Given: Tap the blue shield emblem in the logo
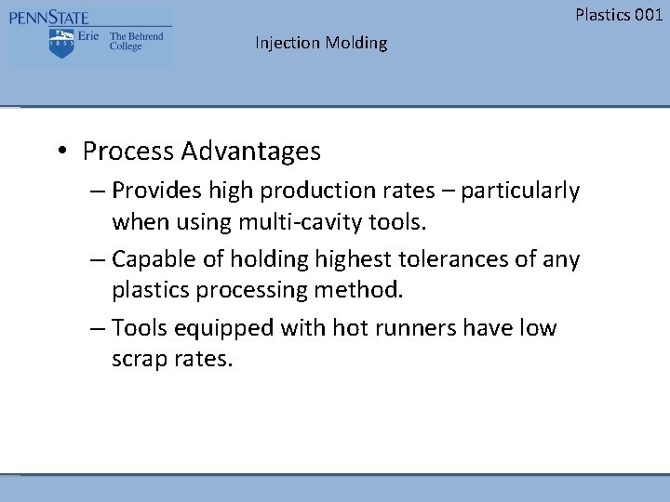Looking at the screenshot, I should click(61, 43).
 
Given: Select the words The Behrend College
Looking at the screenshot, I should click(136, 42).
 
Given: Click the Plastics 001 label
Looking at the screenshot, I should click(619, 14).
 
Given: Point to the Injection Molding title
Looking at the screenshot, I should click(321, 43).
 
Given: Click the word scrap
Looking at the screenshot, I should click(140, 360).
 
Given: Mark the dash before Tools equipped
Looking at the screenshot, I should click(98, 328).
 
